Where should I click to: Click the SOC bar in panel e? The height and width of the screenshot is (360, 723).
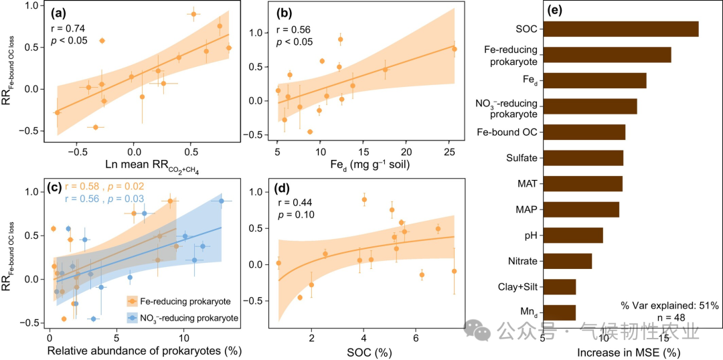pos(620,29)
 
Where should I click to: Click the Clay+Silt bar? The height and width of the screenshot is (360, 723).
pos(559,287)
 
